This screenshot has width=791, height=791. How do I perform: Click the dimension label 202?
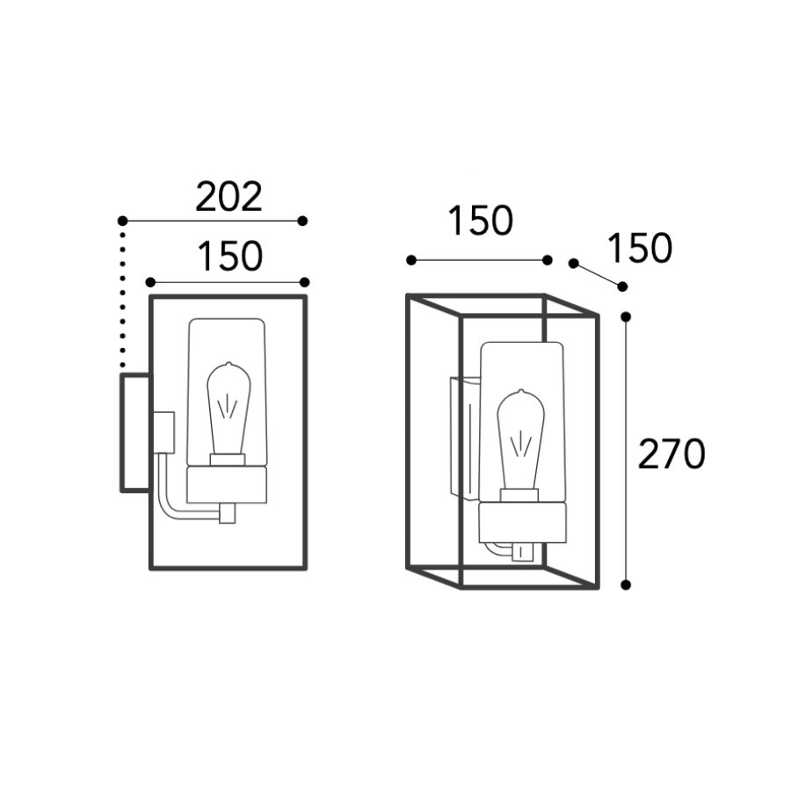click(229, 197)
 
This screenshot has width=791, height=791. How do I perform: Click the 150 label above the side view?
click(230, 257)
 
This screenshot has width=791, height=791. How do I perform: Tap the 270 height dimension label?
click(671, 454)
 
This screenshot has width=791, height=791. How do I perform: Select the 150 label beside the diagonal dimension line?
click(640, 248)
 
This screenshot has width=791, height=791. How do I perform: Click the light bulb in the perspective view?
click(520, 440)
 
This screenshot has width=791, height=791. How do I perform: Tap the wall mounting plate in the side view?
click(135, 432)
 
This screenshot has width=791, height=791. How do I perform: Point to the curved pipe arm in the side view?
click(166, 497)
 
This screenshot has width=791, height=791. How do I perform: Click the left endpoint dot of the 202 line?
click(122, 221)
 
